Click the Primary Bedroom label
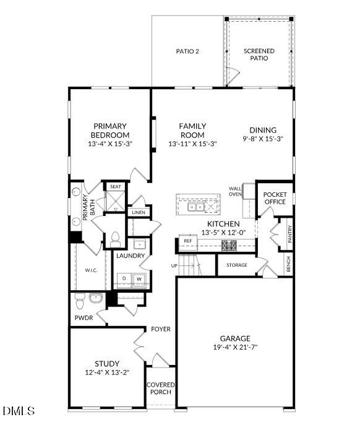pos(110,131)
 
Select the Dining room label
pos(263,130)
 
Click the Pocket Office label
pos(275,198)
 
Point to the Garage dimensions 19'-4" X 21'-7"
pos(235,348)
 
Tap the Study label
pos(107,363)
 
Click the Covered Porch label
pos(161,389)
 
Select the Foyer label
pos(161,329)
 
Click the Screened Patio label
pos(259,54)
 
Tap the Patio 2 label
pos(187,51)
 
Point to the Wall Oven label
pos(235,191)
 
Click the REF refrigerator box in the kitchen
pos(187,241)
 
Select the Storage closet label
pos(236,265)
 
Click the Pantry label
pos(289,233)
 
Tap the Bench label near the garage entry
pos(288,264)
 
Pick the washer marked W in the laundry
pos(139,279)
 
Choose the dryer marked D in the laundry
pos(124,279)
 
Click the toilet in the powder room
pos(79,302)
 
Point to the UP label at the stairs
pos(174,265)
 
